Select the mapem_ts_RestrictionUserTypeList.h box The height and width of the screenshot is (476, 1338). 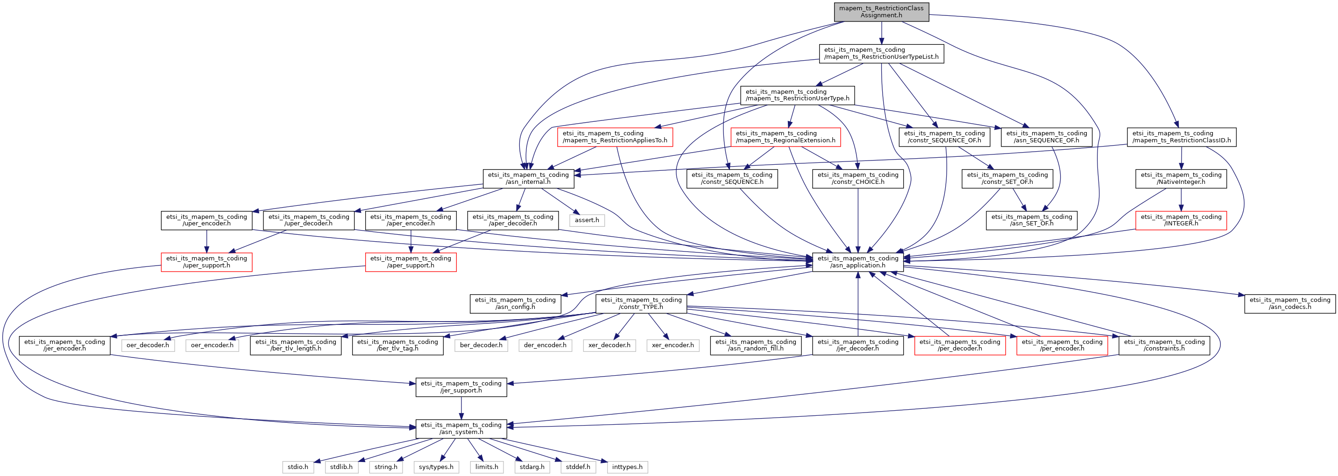[x=881, y=54]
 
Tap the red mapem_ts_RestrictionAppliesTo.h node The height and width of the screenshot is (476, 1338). [x=615, y=137]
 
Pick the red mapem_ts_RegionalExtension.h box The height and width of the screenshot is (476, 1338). [x=786, y=137]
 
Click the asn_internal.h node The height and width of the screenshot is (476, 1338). [x=528, y=179]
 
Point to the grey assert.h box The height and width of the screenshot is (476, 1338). [x=587, y=220]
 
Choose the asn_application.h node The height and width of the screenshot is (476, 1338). [x=857, y=262]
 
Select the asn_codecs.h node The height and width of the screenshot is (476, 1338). [x=1290, y=304]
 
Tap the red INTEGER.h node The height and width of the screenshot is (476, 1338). [x=1181, y=220]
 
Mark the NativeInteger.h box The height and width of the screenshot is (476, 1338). [x=1181, y=179]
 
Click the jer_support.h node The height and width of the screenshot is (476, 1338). [x=461, y=387]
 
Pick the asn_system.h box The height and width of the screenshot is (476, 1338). [x=461, y=429]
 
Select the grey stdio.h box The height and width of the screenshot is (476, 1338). [x=298, y=467]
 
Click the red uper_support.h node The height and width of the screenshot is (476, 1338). [x=207, y=262]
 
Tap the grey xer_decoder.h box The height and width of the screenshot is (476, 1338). [x=609, y=345]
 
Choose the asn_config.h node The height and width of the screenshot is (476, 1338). [x=515, y=304]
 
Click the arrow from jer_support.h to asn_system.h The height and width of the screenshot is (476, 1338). [x=461, y=408]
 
